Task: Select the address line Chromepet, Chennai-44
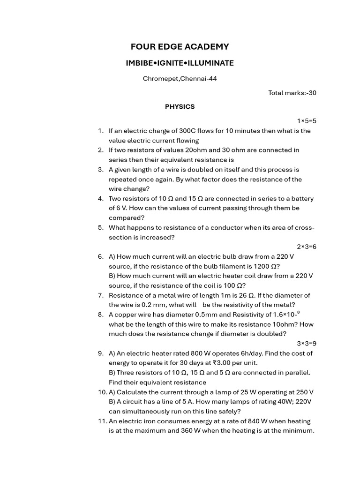pos(180,79)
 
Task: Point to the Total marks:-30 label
pos(292,93)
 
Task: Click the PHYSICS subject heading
pos(180,106)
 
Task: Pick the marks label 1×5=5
pos(307,121)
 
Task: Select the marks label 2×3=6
pos(307,247)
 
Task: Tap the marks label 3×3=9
pos(307,344)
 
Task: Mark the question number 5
pos(101,227)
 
